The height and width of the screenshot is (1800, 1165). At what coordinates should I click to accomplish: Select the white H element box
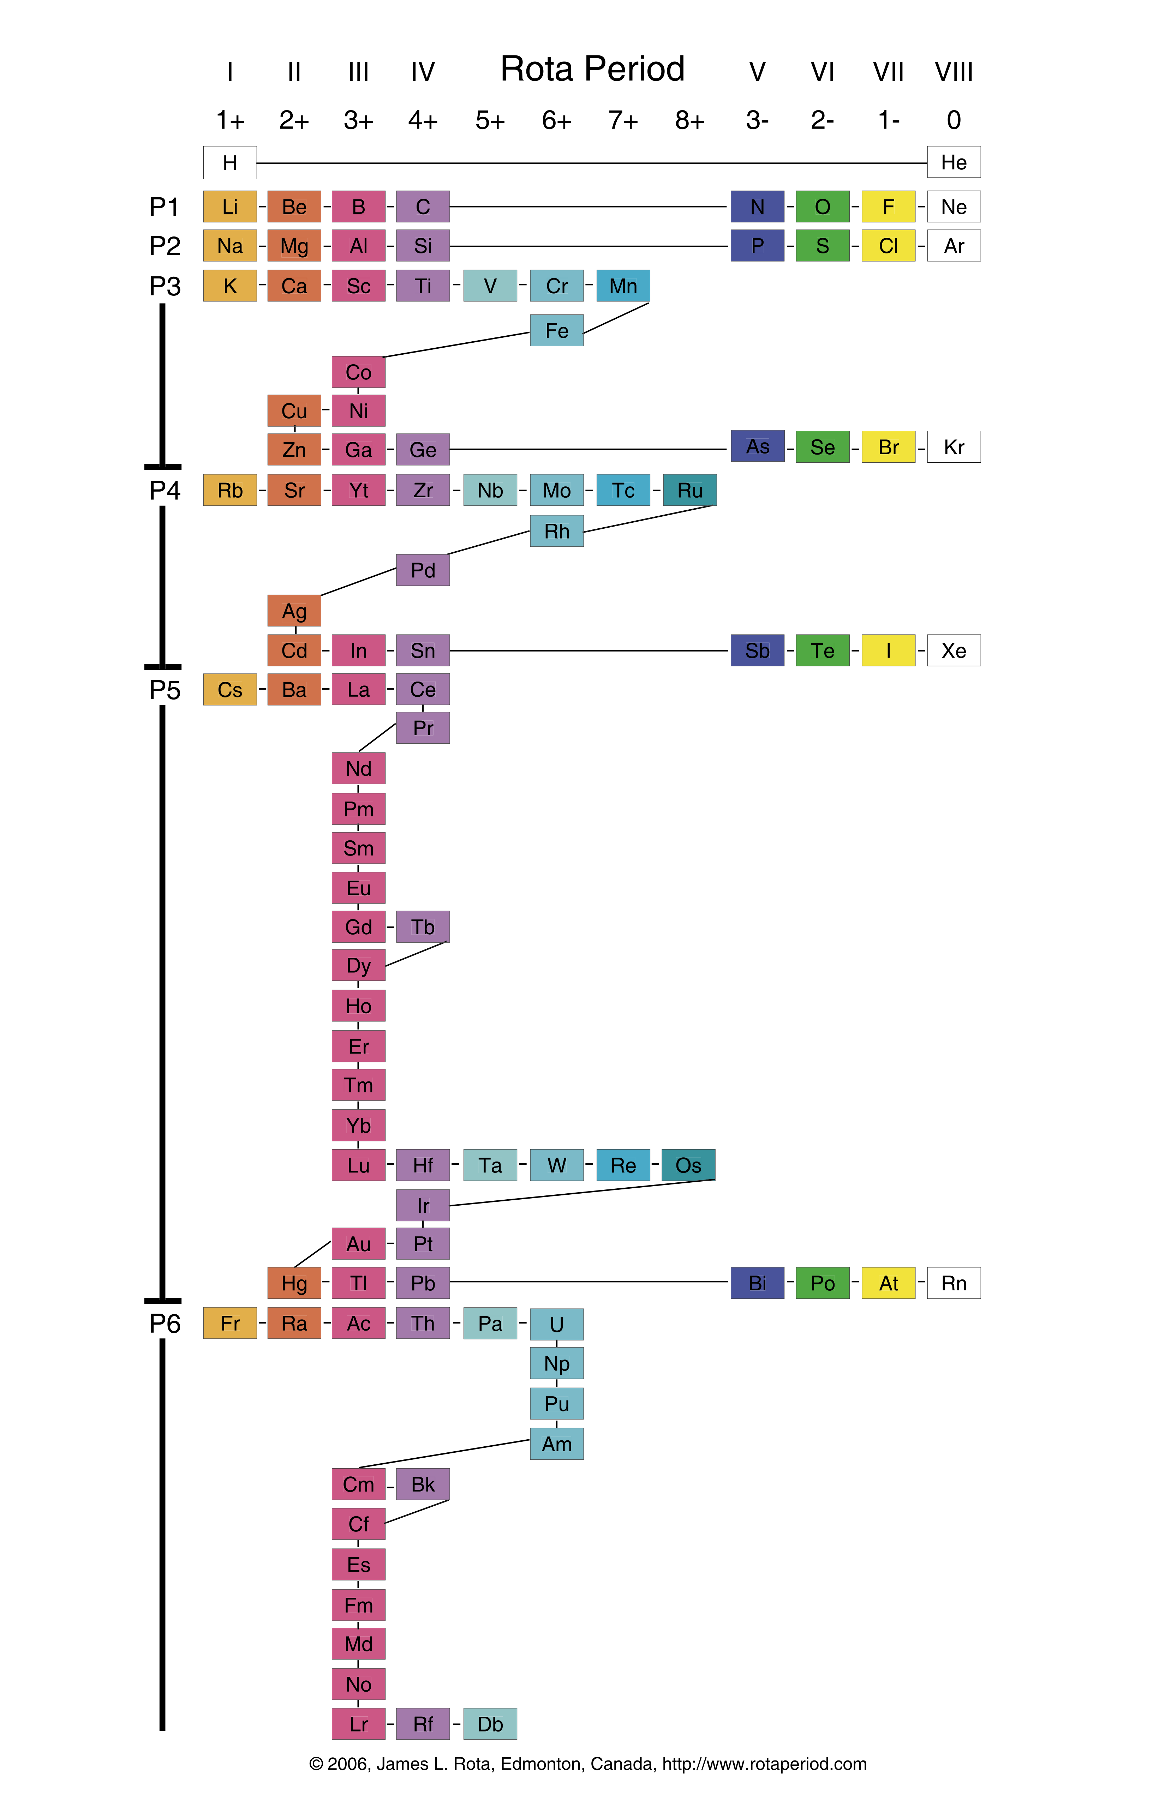tap(230, 163)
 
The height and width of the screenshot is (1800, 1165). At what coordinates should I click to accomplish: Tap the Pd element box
tap(423, 570)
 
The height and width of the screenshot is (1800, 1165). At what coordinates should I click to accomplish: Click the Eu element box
tap(359, 888)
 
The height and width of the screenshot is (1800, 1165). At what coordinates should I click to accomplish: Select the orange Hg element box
tap(294, 1283)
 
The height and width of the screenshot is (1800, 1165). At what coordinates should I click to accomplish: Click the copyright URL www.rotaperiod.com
tap(764, 1764)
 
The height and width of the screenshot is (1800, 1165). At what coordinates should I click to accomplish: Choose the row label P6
tap(165, 1324)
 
